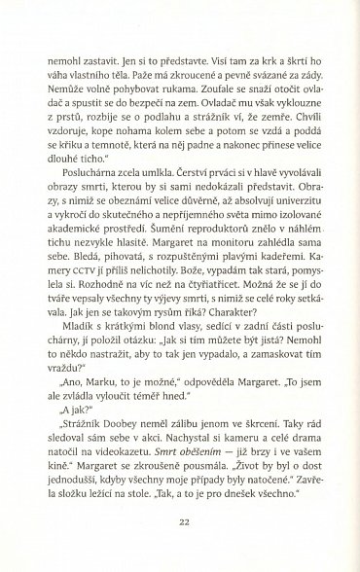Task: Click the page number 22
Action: (x=183, y=522)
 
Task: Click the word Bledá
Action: (x=75, y=261)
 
